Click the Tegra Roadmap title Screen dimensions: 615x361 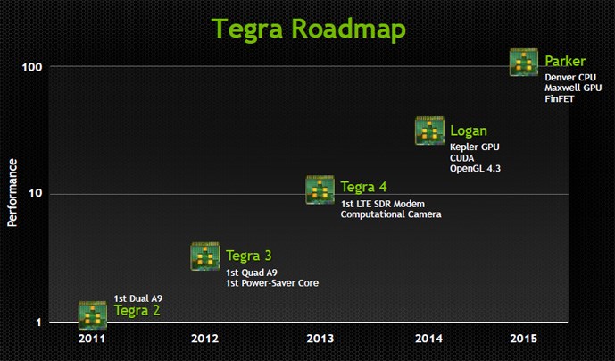[x=309, y=29]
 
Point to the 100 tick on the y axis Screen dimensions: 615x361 [x=32, y=67]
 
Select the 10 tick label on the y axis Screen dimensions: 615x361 [x=36, y=193]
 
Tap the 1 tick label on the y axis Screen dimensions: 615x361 [x=38, y=323]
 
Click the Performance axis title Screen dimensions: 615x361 [x=12, y=192]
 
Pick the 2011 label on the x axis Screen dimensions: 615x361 [x=92, y=339]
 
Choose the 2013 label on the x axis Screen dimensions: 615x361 [x=320, y=339]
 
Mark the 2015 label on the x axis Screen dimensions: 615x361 [x=524, y=339]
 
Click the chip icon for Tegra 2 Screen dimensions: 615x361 [x=93, y=315]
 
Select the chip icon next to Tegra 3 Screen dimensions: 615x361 [x=205, y=256]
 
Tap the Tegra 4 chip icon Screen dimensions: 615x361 [x=320, y=189]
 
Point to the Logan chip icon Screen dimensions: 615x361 [x=429, y=130]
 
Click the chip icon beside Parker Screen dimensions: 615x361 [x=524, y=62]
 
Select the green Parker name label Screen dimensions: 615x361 [x=565, y=62]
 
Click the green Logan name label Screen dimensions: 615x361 [x=469, y=130]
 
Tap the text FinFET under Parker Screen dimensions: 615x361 [x=560, y=98]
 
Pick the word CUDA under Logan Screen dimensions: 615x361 [x=462, y=158]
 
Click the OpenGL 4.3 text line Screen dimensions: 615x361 [x=475, y=169]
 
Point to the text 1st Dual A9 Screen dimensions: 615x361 [x=138, y=298]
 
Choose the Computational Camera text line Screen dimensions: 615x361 [x=391, y=214]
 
